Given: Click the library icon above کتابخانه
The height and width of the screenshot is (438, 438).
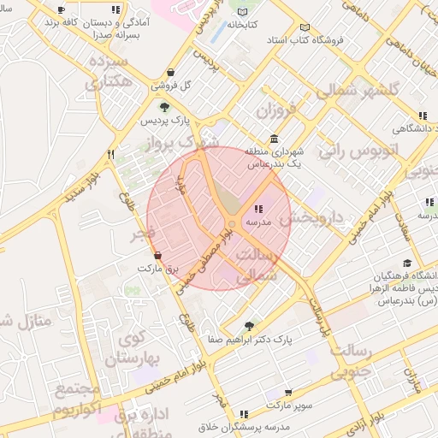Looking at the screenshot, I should pyautogui.click(x=244, y=12).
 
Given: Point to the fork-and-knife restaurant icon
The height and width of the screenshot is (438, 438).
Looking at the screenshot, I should pyautogui.click(x=110, y=154).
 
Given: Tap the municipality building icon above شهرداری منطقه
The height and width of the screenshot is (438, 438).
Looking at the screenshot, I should pyautogui.click(x=273, y=138).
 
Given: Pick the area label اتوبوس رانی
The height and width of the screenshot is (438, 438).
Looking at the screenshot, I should pyautogui.click(x=358, y=151).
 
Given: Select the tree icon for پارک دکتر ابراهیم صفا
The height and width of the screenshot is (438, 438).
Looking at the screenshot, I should pyautogui.click(x=248, y=326).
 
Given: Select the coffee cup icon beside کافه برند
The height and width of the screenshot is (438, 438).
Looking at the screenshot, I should pyautogui.click(x=61, y=10).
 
